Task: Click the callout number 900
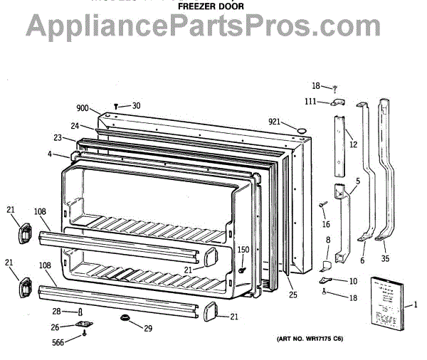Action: coord(83,109)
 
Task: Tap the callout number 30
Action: coord(136,106)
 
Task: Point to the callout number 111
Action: coord(311,102)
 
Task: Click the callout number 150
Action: coord(243,250)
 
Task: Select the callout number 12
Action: coord(353,144)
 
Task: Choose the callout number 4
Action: coord(50,154)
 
